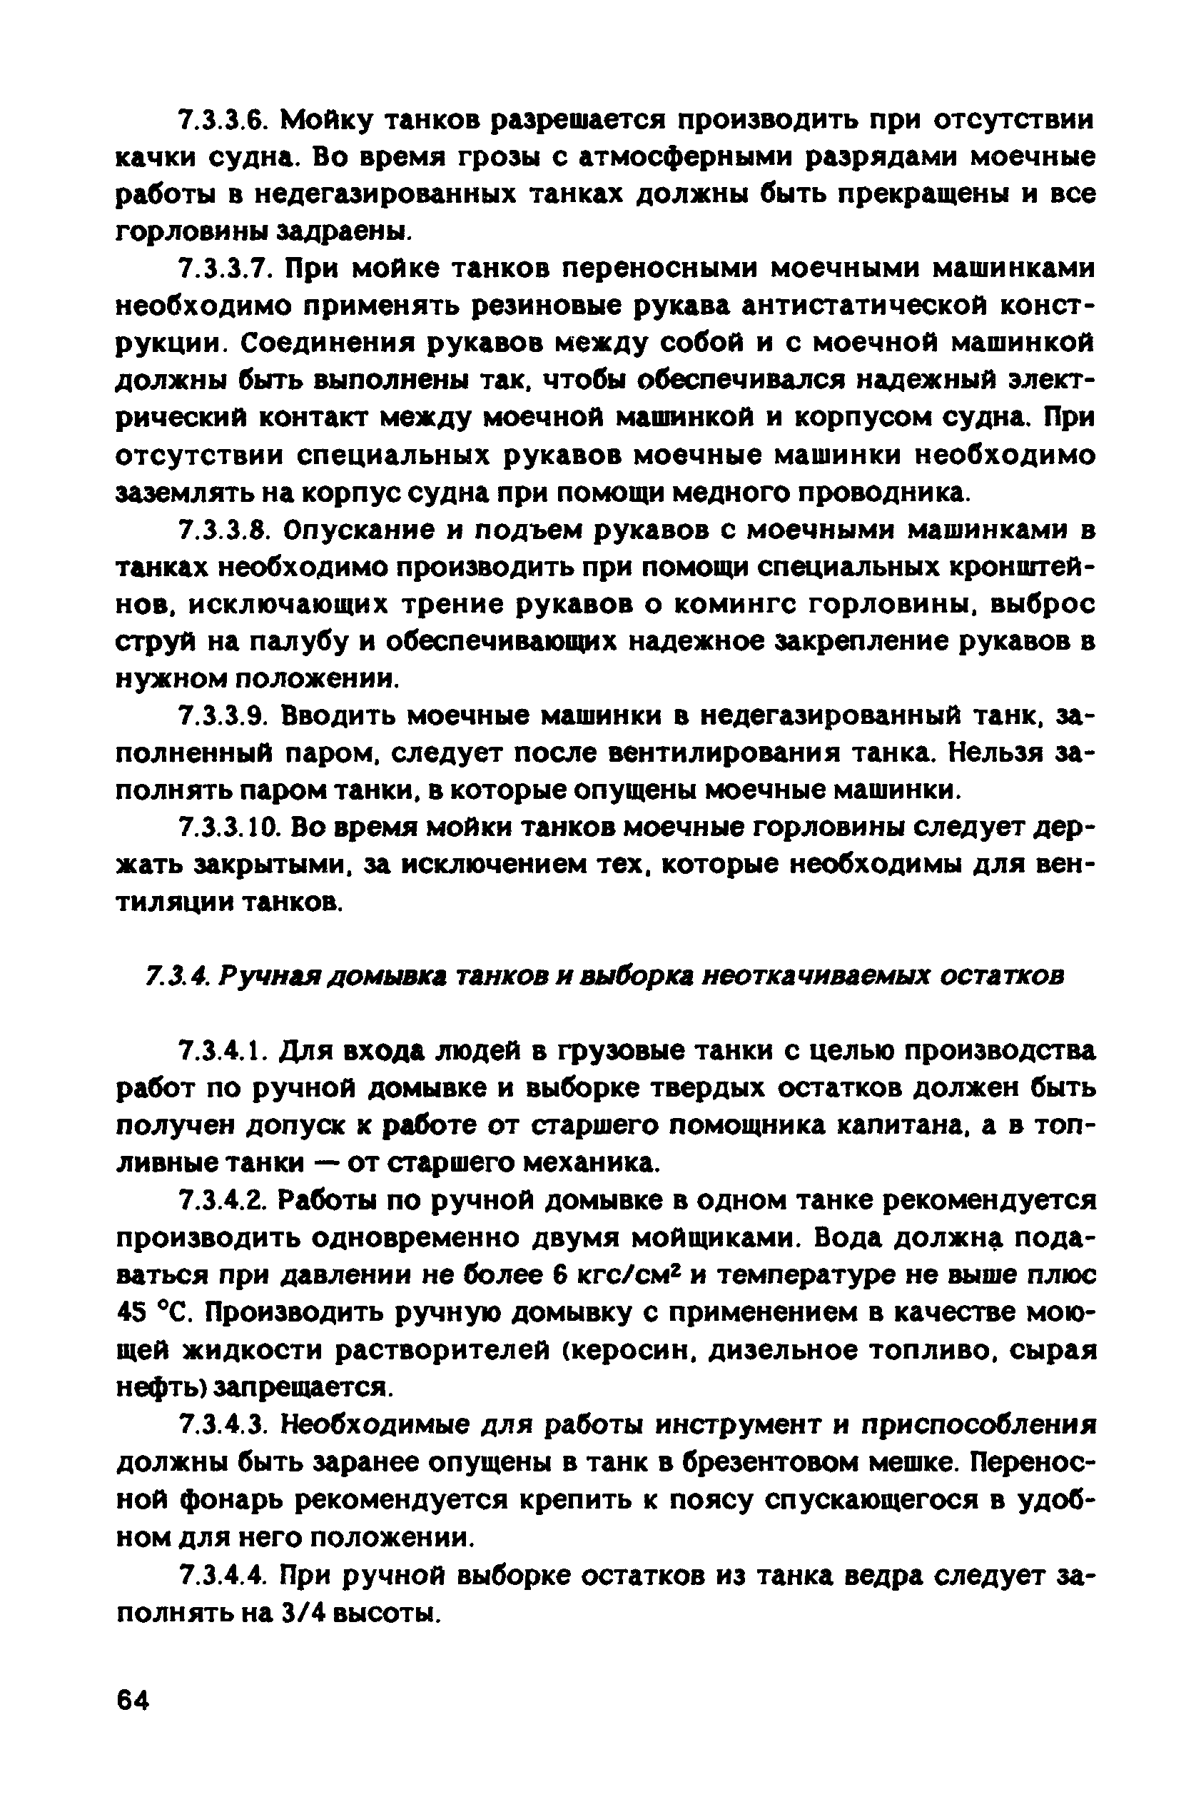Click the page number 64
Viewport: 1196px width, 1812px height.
(x=133, y=1701)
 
